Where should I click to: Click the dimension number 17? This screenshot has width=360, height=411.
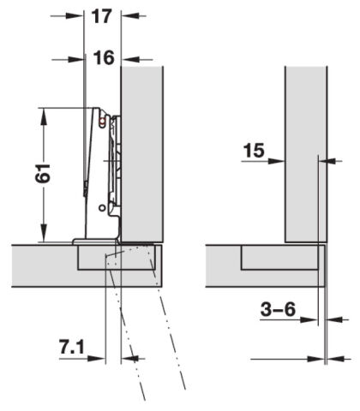click(x=101, y=16)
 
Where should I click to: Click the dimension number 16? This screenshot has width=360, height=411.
click(x=104, y=57)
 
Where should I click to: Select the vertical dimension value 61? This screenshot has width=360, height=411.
click(x=43, y=173)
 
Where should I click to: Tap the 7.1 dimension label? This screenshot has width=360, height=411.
click(x=72, y=346)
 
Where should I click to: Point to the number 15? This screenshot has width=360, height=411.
click(x=254, y=151)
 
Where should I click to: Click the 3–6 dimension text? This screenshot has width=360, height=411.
click(x=278, y=309)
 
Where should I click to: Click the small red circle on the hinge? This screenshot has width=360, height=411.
click(x=101, y=122)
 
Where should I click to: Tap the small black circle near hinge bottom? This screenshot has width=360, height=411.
click(x=102, y=208)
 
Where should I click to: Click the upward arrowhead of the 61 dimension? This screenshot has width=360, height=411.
click(x=44, y=116)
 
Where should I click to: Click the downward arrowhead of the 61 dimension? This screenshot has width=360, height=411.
click(x=44, y=233)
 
